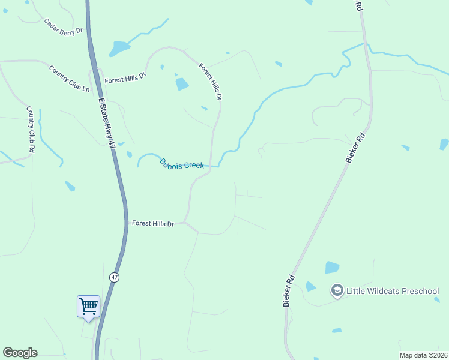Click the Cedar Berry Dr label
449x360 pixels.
[x=62, y=27]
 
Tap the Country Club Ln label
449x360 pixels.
[x=69, y=78]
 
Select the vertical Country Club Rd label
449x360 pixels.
[x=31, y=128]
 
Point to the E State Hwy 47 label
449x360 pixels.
[x=107, y=123]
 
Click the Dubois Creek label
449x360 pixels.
[x=181, y=164]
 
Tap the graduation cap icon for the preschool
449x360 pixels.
[x=337, y=291]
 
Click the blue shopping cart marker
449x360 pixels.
[x=88, y=307]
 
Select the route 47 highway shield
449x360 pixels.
[x=114, y=277]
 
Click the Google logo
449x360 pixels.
[x=20, y=353]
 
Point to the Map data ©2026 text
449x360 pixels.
[x=423, y=355]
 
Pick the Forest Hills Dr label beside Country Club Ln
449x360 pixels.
[x=125, y=79]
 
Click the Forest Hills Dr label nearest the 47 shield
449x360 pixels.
[x=152, y=224]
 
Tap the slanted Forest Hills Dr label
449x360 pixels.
[x=211, y=82]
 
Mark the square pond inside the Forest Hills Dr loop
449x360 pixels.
[x=182, y=84]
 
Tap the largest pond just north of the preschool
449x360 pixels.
[x=332, y=267]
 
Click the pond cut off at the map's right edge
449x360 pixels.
[x=444, y=144]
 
